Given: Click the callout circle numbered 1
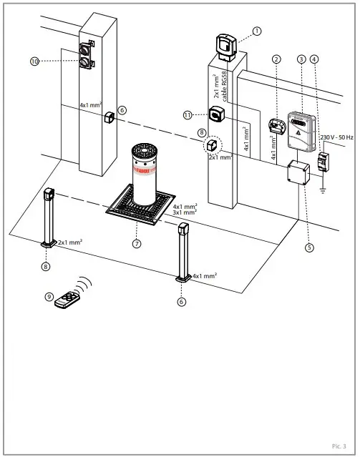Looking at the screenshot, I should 257,31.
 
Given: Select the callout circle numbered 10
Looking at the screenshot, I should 34,62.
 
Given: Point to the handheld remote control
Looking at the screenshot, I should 66,299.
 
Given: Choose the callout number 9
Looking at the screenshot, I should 49,296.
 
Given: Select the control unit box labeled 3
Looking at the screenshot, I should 300,129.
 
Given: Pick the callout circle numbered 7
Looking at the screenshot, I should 137,243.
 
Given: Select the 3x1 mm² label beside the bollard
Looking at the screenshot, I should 185,212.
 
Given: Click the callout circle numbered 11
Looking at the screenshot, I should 188,114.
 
